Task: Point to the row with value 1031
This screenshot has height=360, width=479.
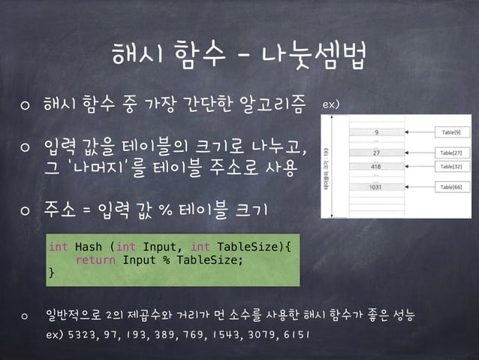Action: point(387,187)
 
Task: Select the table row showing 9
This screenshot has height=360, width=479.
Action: point(387,131)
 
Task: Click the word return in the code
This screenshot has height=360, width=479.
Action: point(95,259)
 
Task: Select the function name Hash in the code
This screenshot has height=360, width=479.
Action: point(88,246)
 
